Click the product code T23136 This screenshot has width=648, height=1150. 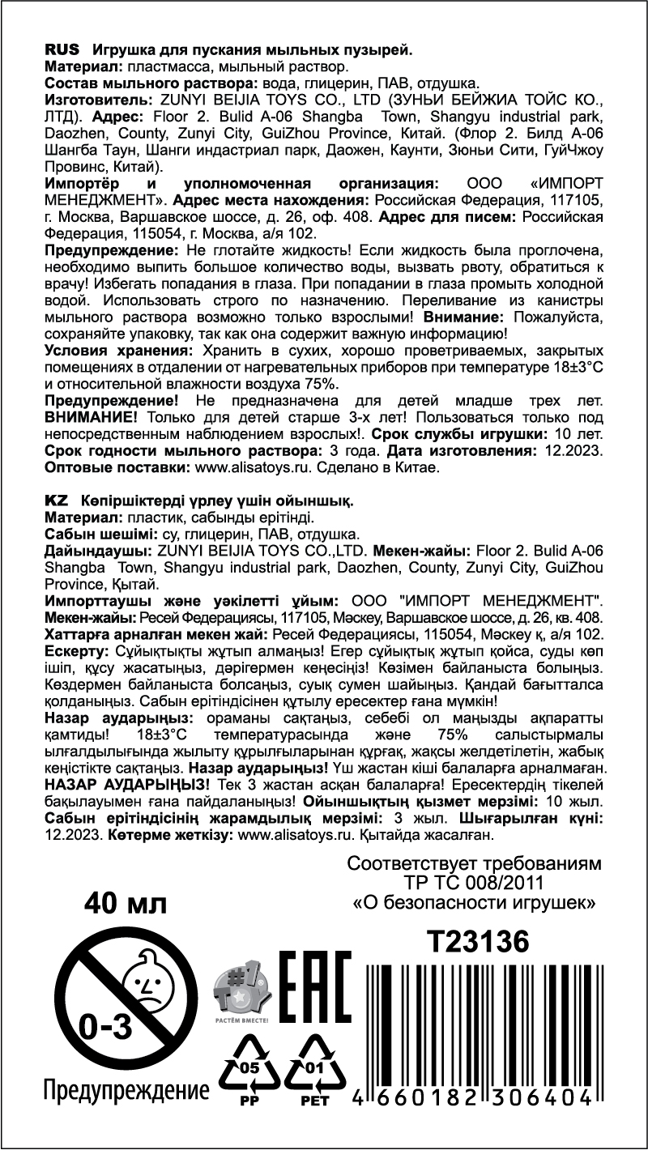click(x=478, y=942)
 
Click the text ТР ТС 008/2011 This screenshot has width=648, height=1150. click(x=475, y=882)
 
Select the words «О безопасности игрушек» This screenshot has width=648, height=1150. click(x=475, y=901)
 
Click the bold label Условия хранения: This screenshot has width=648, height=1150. click(x=118, y=351)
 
